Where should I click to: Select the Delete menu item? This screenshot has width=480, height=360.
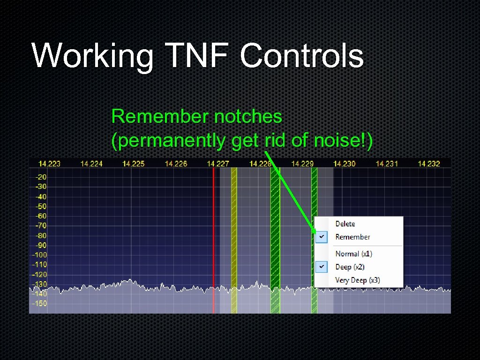[x=345, y=224]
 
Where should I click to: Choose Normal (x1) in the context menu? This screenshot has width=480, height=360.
[x=353, y=254]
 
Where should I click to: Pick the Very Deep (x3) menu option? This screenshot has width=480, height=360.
[x=357, y=280]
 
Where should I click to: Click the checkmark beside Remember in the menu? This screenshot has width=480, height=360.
[x=321, y=237]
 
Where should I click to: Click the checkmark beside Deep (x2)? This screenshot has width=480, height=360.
[x=321, y=267]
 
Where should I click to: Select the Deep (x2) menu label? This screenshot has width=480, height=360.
[x=350, y=267]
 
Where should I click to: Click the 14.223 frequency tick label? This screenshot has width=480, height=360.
[x=49, y=164]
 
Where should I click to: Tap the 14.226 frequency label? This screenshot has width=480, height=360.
[x=176, y=164]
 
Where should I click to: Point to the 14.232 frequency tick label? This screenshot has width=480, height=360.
[x=429, y=164]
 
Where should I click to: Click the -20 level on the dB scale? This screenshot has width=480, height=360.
[x=41, y=177]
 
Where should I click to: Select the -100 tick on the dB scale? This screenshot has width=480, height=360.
[x=39, y=255]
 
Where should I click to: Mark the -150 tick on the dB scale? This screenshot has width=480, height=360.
[x=39, y=304]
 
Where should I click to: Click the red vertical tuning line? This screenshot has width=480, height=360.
[x=214, y=234]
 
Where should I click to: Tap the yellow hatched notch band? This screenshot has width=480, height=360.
[x=234, y=234]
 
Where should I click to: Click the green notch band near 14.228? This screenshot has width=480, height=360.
[x=275, y=234]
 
